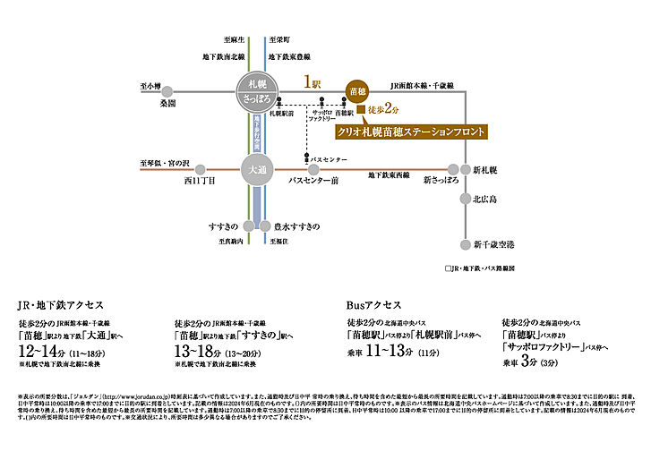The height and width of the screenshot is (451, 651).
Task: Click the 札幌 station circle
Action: [x=256, y=92]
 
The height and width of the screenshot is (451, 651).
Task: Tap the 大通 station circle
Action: [x=257, y=167]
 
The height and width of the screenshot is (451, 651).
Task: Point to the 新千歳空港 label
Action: [x=493, y=244]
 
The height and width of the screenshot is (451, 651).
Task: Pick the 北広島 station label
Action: [x=488, y=200]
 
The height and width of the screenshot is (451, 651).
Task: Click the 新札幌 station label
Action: [x=488, y=170]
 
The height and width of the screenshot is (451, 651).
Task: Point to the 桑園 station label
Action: [x=168, y=104]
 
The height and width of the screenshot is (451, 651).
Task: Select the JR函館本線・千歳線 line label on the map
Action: [x=423, y=85]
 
